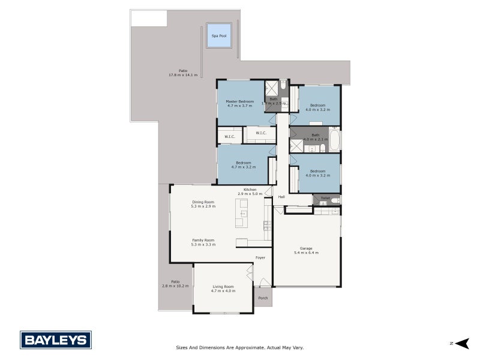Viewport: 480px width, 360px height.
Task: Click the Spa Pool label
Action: tap(219, 36)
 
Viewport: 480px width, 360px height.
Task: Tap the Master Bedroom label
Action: tap(239, 102)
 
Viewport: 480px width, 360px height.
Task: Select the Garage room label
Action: tap(306, 248)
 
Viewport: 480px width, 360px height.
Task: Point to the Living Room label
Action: tap(223, 287)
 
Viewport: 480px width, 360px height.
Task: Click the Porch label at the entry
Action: tap(263, 298)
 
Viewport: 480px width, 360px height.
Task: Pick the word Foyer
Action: tap(260, 258)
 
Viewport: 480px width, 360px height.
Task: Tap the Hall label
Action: tap(281, 197)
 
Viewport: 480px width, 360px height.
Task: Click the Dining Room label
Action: tap(203, 202)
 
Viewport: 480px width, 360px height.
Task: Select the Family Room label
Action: tap(203, 240)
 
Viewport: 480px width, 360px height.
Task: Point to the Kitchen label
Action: tap(250, 190)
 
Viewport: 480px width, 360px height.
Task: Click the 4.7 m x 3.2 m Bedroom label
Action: tap(243, 163)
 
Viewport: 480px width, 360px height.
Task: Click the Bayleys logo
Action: tap(56, 340)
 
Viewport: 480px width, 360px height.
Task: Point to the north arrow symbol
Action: tap(461, 343)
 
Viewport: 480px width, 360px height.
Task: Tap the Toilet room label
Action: tap(325, 198)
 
